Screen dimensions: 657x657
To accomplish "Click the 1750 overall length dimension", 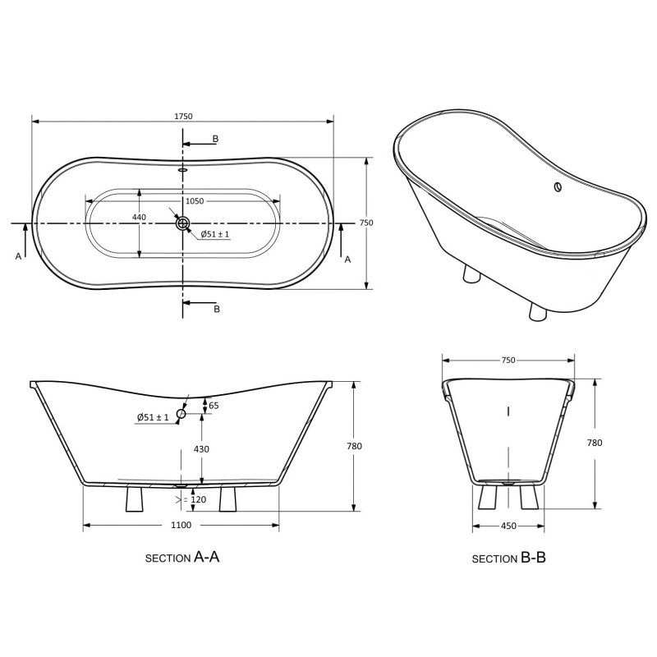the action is click(183, 116).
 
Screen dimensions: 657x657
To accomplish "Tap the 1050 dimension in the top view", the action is click(195, 201).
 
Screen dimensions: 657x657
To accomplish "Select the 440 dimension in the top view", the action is click(139, 217).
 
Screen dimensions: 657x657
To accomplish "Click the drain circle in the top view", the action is click(182, 223).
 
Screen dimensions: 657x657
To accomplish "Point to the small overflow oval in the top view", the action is click(183, 170).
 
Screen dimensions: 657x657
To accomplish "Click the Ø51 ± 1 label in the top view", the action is click(215, 234).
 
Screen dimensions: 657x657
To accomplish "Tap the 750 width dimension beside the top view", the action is click(366, 223).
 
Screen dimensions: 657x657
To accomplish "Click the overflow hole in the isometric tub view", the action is click(558, 187).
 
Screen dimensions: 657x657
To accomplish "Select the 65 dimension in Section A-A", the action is click(214, 405).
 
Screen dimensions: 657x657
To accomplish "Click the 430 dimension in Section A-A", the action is click(201, 449).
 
